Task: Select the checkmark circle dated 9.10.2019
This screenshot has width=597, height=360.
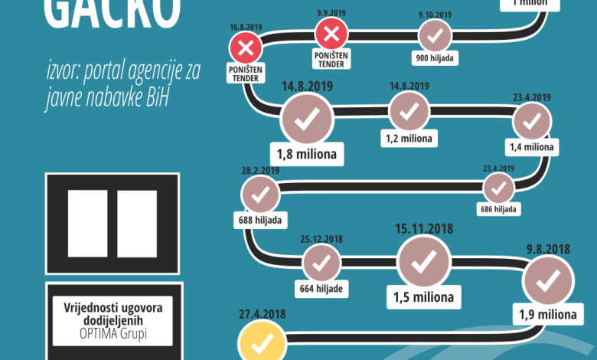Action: (x=435, y=35)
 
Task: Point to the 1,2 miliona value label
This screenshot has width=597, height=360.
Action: (x=409, y=139)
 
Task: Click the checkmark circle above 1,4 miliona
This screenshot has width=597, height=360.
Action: (x=532, y=121)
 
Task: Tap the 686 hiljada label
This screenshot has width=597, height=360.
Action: (x=499, y=208)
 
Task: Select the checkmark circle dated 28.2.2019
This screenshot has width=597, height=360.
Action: (x=260, y=194)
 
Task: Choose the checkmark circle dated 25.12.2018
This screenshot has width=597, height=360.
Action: (x=321, y=263)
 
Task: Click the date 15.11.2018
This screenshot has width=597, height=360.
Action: (x=423, y=228)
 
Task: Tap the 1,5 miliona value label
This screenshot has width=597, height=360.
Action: (x=423, y=296)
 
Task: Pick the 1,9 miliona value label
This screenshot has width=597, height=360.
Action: (x=547, y=314)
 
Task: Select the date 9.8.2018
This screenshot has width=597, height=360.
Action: (x=548, y=249)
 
